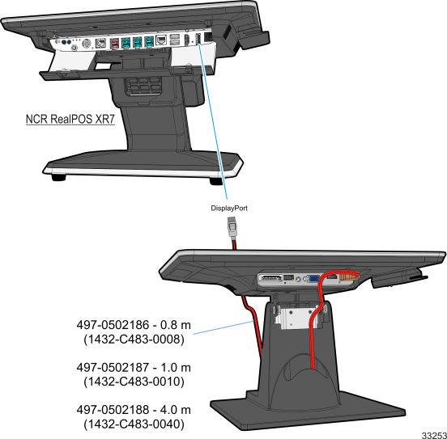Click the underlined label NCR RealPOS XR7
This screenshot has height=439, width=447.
(x=70, y=119)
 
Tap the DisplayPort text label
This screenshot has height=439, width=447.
(x=229, y=208)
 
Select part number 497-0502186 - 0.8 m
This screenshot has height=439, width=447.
(x=134, y=325)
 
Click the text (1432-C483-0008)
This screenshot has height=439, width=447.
(x=134, y=339)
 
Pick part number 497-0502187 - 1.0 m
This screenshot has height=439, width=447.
(x=134, y=368)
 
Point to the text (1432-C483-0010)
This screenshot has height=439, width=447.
(x=134, y=382)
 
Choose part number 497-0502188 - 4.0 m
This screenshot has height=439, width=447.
(x=134, y=410)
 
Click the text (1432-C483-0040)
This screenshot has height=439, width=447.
(x=134, y=424)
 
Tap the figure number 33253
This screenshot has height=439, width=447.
(x=434, y=435)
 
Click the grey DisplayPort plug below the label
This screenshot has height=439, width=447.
(x=232, y=226)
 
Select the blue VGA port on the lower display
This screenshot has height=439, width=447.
(x=313, y=279)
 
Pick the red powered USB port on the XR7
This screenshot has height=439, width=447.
(x=115, y=43)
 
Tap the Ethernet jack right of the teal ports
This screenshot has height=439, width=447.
(x=161, y=40)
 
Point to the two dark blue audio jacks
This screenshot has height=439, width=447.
(x=66, y=42)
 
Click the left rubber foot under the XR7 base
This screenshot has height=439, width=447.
(x=59, y=177)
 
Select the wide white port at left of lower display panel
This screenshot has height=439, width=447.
(x=270, y=278)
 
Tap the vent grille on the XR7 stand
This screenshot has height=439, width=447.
(x=143, y=86)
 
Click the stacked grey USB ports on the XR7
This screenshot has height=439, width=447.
(x=175, y=40)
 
